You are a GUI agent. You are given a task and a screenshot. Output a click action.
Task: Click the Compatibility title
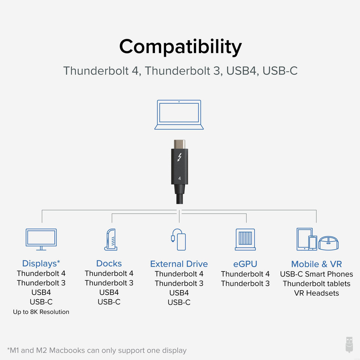point(180,47)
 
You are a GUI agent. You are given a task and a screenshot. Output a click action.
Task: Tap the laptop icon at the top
point(179,115)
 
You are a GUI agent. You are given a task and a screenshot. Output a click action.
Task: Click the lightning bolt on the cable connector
point(179,157)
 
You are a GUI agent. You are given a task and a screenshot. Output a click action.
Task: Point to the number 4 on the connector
point(179,179)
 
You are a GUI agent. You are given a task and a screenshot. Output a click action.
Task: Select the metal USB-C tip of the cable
point(179,144)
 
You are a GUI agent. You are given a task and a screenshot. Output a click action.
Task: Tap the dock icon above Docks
point(111,240)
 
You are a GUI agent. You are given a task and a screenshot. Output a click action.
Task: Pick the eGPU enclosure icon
point(245,240)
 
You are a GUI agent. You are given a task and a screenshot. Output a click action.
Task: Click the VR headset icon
point(328,243)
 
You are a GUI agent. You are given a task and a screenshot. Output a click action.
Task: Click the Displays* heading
point(41,263)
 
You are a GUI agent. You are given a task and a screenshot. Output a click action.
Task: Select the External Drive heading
point(179,264)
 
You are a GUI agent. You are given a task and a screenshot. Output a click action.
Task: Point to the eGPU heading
point(245,264)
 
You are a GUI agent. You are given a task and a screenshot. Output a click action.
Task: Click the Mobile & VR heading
point(316,264)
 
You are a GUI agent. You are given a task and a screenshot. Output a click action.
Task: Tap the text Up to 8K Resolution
point(41,312)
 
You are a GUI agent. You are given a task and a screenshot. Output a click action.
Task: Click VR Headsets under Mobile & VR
point(316,293)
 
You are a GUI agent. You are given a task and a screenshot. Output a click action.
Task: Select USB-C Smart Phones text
point(316,274)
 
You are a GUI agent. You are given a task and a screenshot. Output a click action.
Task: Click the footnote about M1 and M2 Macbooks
point(97,350)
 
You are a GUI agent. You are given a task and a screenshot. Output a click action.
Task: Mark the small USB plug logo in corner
point(349,344)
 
